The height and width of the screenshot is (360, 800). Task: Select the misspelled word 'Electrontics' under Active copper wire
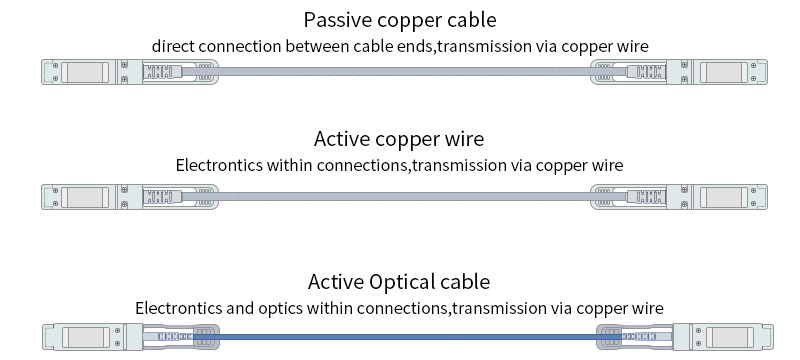pos(219,165)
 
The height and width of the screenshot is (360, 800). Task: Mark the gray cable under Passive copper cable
pos(400,73)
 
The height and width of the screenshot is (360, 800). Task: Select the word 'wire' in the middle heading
pos(463,139)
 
